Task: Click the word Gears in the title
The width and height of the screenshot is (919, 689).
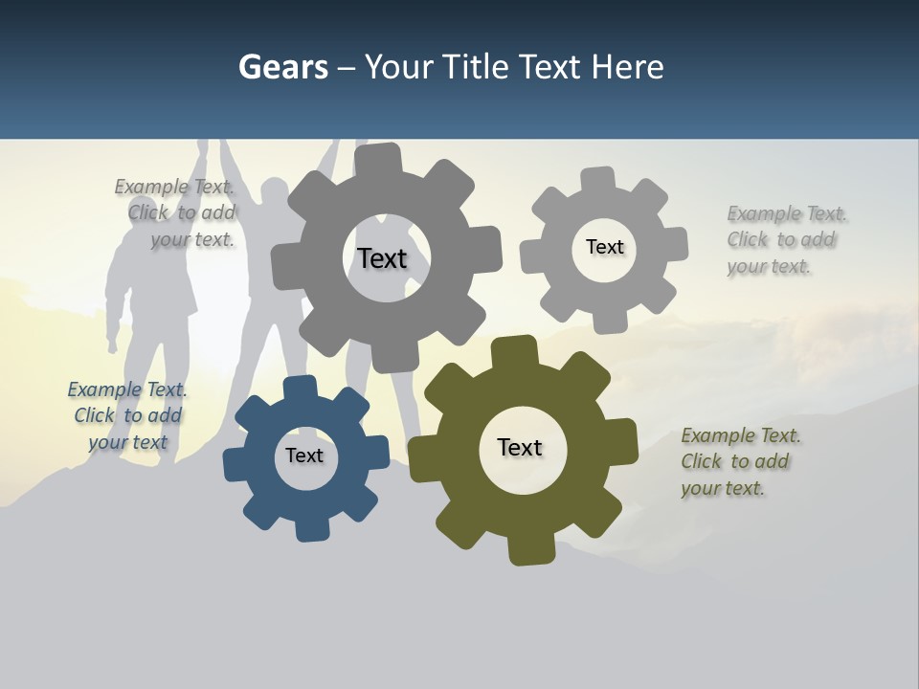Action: click(282, 68)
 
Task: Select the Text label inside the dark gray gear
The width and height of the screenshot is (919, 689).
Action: click(382, 258)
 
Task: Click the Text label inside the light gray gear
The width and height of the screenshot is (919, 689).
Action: click(604, 247)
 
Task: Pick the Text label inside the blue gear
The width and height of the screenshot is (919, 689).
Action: click(304, 456)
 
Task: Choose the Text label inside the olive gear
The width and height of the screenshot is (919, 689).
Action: click(520, 447)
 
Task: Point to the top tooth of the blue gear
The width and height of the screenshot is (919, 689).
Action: click(301, 388)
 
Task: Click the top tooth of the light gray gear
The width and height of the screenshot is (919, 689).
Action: click(598, 180)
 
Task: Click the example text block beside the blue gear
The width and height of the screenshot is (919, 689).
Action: click(127, 415)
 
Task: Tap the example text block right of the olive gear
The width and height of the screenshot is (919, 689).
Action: click(739, 461)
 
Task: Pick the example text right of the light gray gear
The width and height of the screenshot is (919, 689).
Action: click(785, 239)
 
